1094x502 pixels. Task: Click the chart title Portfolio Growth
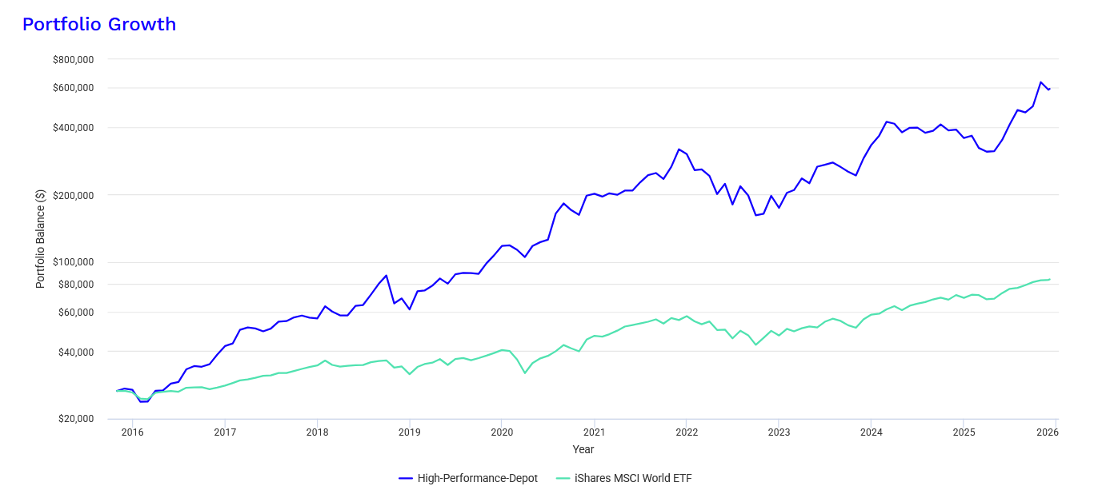[x=98, y=25]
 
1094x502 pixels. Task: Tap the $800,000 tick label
[x=73, y=60]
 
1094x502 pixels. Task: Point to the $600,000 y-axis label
[x=73, y=88]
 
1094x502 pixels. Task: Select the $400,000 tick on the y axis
[x=73, y=128]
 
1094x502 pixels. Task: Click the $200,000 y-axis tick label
[x=73, y=196]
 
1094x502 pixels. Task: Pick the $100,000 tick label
[x=73, y=263]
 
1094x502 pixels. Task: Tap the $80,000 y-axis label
[x=75, y=285]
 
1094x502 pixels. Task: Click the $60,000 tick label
[x=75, y=313]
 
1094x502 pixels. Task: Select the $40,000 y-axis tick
[x=75, y=353]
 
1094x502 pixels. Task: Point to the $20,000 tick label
[x=75, y=420]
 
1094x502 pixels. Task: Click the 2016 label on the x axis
[x=133, y=432]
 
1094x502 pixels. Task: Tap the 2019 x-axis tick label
[x=410, y=432]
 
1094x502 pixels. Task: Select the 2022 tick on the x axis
[x=687, y=432]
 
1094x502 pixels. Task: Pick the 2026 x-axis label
[x=1048, y=432]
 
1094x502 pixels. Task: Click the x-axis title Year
[x=583, y=450]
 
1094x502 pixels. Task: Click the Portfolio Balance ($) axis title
[x=40, y=239]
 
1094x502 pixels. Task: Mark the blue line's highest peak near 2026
[x=1041, y=82]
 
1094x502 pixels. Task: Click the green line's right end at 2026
[x=1049, y=280]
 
